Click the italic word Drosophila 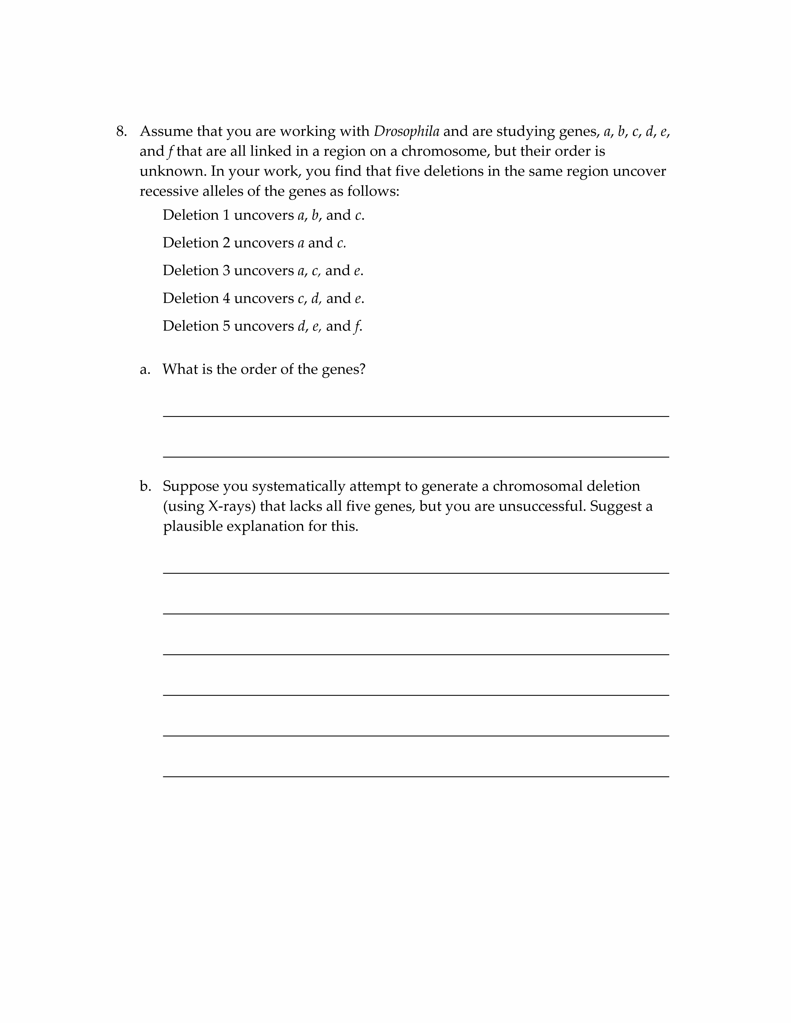[x=406, y=132]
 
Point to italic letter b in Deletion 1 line [x=315, y=215]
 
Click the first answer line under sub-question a [x=416, y=416]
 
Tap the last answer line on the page [x=416, y=777]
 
